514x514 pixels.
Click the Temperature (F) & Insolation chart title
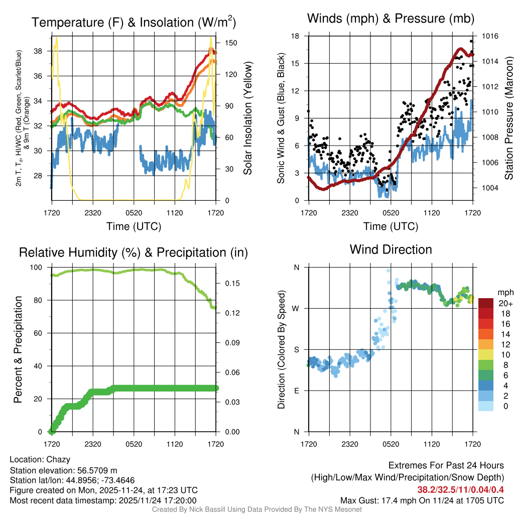point(134,22)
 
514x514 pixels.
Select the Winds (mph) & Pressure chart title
point(391,19)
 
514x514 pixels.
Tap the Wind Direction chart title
point(391,249)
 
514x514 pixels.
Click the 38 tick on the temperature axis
point(44,51)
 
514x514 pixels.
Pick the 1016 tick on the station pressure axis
point(490,36)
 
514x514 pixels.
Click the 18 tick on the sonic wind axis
point(296,36)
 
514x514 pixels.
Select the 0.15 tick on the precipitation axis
point(226,283)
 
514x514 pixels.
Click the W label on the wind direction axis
point(296,308)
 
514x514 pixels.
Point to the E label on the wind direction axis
point(296,391)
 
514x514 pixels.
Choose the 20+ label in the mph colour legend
point(505,303)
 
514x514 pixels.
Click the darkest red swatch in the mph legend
point(486,303)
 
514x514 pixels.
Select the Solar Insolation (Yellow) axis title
point(247,118)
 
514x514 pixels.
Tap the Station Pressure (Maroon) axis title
point(508,118)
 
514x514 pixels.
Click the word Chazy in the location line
point(58,459)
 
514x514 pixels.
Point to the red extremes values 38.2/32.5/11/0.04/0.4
point(460,489)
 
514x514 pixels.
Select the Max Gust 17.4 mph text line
point(422,500)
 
